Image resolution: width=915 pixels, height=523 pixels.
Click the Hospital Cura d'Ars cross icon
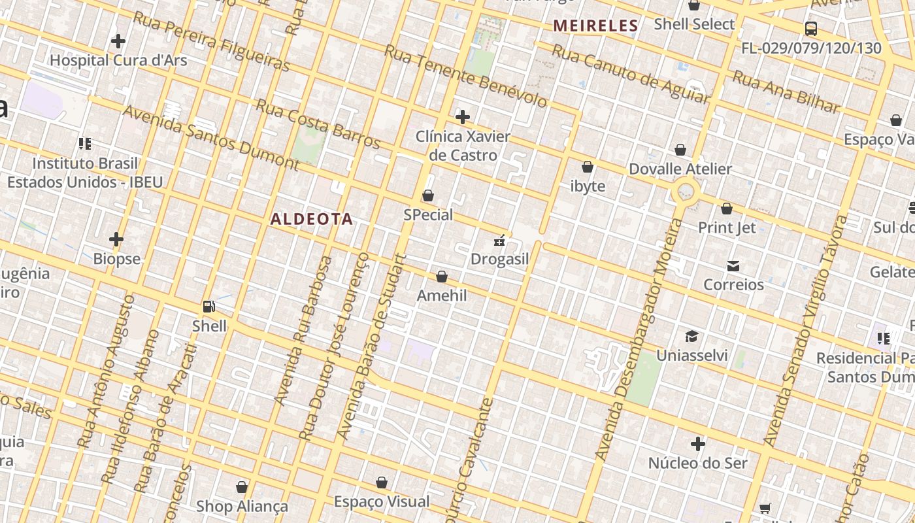point(118,41)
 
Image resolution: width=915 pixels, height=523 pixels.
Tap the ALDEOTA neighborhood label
point(312,219)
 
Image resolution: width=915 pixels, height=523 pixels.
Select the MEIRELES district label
point(595,26)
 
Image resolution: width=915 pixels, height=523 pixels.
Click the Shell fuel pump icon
point(209,306)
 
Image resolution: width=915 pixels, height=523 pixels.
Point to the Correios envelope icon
point(733,265)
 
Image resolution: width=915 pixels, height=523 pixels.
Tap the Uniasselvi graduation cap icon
point(691,336)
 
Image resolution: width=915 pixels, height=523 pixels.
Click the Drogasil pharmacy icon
point(499,241)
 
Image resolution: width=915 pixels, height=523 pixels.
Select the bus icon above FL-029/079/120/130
point(811,29)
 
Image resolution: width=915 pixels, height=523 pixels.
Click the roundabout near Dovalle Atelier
point(686,192)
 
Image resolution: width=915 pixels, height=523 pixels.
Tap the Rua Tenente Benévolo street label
point(465,76)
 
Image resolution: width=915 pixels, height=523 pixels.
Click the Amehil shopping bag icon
point(442,277)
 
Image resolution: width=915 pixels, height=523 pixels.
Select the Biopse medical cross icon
point(116,239)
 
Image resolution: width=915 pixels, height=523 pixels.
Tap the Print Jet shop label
point(727,228)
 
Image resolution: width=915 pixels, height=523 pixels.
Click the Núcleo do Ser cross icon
point(698,445)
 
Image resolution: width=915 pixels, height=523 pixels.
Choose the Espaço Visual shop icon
point(382,482)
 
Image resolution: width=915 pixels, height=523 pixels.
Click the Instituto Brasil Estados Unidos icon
point(85,143)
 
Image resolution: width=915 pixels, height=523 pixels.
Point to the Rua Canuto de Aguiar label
point(630,73)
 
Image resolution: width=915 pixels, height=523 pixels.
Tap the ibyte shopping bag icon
point(588,167)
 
